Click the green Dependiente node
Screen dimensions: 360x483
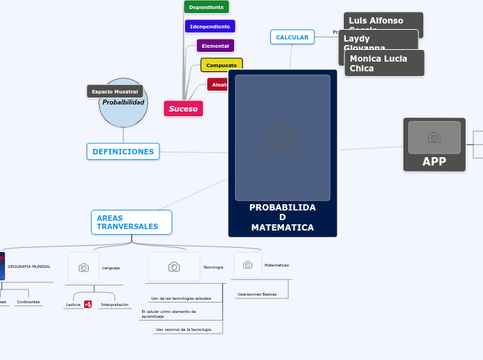coord(206,7)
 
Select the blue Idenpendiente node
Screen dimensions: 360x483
coord(209,26)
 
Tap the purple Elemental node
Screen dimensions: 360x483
coord(215,46)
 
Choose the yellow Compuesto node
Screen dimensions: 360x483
coord(221,65)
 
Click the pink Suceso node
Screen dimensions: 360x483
coord(183,109)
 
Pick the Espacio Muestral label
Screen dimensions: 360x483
coord(114,91)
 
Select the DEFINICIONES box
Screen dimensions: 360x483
coord(123,152)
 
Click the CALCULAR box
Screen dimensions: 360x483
coord(292,37)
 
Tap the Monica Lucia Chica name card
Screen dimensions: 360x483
coord(384,63)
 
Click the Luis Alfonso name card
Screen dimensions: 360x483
coord(383,20)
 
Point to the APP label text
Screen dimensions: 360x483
coord(434,162)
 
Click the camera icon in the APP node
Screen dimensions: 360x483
coord(434,138)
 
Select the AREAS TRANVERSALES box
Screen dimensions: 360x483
coord(131,222)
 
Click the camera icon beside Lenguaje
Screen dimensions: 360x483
coord(84,267)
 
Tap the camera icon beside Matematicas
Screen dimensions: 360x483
coord(247,264)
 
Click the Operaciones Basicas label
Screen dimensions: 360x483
coord(256,294)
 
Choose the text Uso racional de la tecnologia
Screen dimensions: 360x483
coord(183,330)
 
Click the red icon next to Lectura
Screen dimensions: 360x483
coord(88,304)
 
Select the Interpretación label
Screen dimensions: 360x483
coord(114,305)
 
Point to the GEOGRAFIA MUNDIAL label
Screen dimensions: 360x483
coord(28,267)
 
